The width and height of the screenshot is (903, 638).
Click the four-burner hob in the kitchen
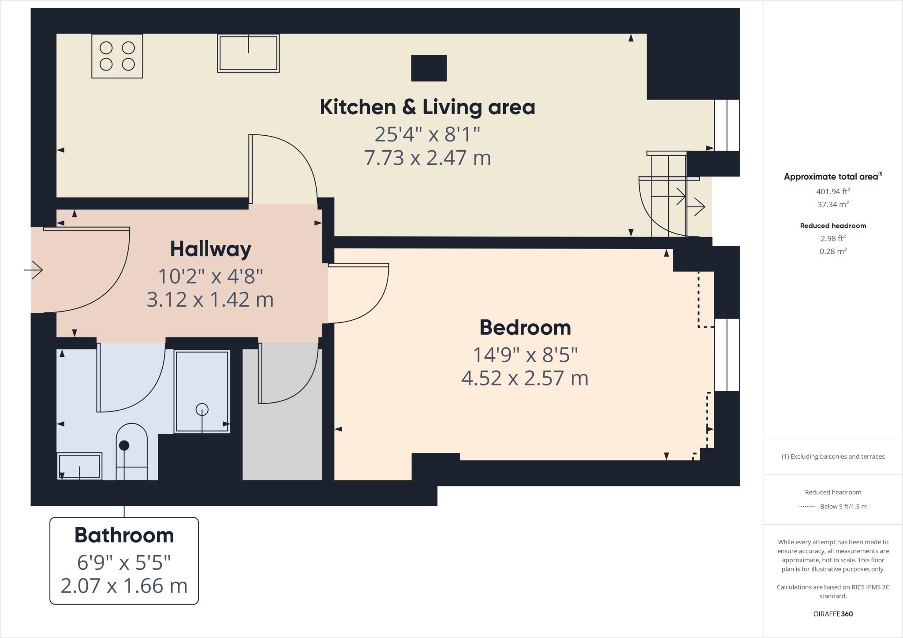117,56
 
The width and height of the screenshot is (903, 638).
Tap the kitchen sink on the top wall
248,53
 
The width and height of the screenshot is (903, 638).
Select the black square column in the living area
429,68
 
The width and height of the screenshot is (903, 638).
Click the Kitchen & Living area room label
427,107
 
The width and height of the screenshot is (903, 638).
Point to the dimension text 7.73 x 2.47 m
427,158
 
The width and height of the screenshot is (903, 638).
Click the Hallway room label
211,249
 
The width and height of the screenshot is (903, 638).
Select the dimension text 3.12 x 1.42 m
210,300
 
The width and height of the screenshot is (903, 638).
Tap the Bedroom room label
525,327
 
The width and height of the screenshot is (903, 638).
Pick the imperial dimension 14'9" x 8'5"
525,355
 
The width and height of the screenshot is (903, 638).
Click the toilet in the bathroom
131,452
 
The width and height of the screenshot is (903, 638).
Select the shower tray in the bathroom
202,392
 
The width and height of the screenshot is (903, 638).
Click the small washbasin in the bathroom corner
79,466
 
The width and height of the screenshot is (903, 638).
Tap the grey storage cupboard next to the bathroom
282,414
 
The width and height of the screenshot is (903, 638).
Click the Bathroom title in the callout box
124,535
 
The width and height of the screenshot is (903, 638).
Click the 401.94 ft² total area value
833,191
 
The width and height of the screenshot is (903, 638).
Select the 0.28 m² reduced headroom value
833,251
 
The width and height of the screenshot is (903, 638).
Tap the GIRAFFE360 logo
833,614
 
